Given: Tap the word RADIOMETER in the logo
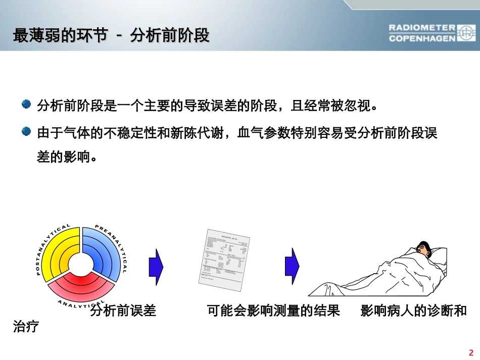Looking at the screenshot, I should click(422, 27).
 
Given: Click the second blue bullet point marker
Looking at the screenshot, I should click(26, 132).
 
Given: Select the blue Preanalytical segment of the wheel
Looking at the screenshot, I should click(104, 250).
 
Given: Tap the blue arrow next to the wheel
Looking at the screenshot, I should click(156, 267).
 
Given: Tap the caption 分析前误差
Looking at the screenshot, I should click(123, 311).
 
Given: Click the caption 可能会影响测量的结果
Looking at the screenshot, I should click(273, 311).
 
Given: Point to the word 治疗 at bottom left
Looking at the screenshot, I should click(26, 327).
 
